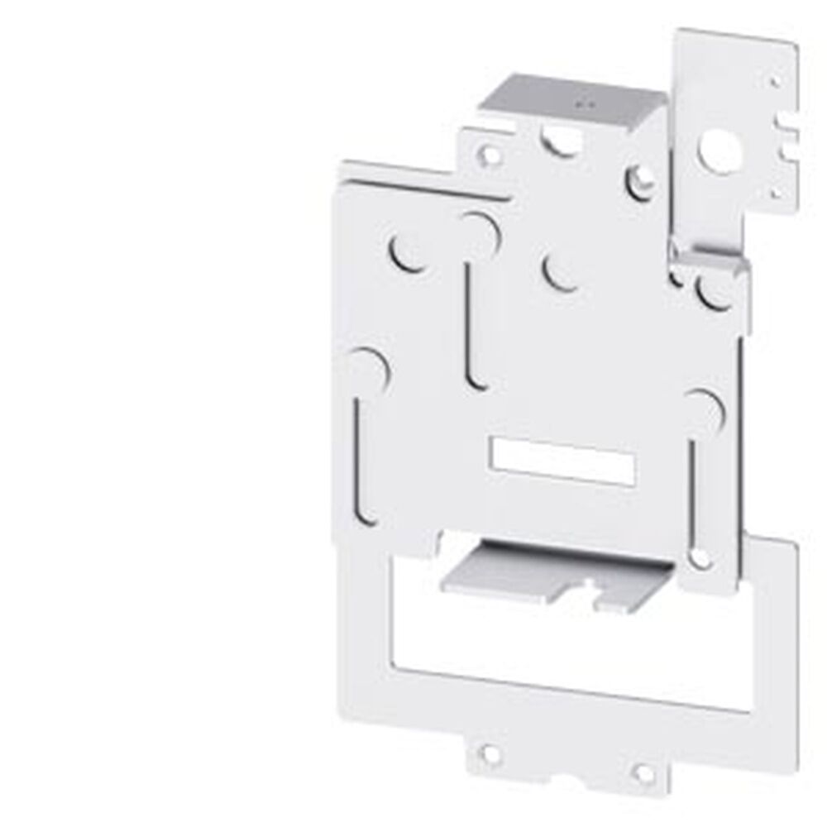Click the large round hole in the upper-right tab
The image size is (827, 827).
click(x=712, y=148)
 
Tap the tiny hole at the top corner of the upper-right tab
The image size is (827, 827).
click(x=774, y=82)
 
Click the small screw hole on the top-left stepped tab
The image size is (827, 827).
click(x=490, y=153)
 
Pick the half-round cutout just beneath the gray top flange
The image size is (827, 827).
click(x=562, y=142)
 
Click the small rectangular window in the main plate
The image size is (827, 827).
click(x=562, y=461)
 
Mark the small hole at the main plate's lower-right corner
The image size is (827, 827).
click(x=700, y=560)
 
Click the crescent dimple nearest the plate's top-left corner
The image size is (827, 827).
click(x=408, y=251)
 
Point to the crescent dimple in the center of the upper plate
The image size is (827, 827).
click(x=562, y=272)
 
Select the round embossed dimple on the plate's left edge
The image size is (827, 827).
click(x=364, y=368)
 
